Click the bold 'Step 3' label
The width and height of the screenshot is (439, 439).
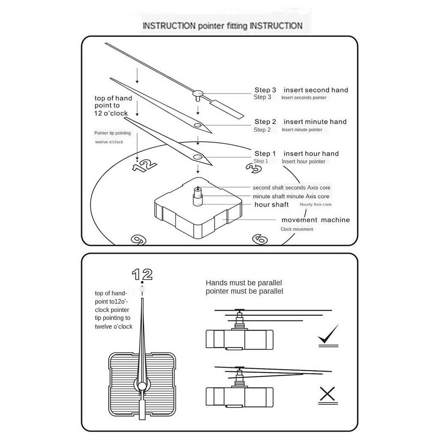265,90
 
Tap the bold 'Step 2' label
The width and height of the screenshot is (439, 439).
265,122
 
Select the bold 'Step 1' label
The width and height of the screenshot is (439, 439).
265,153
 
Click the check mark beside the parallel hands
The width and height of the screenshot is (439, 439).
328,336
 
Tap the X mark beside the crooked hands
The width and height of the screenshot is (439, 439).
328,393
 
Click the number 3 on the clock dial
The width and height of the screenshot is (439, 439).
255,168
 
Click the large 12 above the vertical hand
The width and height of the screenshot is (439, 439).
142,274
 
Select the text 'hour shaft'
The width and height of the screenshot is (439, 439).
271,204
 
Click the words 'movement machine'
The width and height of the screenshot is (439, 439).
316,220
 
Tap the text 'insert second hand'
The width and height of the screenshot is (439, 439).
316,90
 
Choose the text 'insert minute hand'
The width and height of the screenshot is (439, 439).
315,122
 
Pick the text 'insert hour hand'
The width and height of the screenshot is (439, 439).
311,153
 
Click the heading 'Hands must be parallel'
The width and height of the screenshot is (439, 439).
244,283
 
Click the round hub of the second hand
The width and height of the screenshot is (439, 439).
198,93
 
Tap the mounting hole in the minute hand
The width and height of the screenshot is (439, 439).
198,125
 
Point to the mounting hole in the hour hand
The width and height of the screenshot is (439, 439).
198,157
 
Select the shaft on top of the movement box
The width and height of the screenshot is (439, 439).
197,196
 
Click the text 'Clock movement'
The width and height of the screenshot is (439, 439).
297,229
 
